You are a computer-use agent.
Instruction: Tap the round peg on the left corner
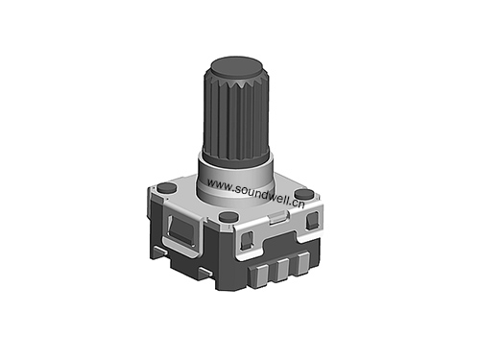tap(165, 187)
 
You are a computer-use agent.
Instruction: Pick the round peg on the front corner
tap(228, 217)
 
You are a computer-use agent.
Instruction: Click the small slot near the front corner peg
tap(247, 238)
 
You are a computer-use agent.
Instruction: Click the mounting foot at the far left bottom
tap(157, 252)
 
